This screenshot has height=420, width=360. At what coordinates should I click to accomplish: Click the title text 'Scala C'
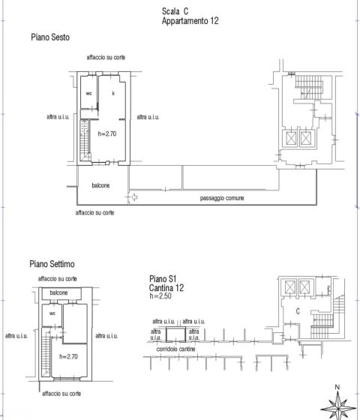[175, 11]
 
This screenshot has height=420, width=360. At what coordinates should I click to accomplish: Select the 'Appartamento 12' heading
[190, 21]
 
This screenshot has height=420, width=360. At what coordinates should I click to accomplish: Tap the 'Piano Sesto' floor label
[50, 37]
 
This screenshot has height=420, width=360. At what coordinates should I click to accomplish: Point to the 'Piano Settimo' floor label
[52, 264]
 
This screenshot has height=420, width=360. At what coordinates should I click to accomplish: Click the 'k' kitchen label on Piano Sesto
[113, 93]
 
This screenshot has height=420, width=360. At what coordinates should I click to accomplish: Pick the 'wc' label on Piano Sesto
[88, 94]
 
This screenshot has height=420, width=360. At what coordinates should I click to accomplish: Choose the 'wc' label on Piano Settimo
[52, 313]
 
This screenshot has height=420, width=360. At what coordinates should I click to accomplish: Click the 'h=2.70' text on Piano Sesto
[107, 133]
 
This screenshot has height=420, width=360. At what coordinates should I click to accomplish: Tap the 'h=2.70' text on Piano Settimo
[68, 356]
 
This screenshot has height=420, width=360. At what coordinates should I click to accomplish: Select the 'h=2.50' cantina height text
[160, 296]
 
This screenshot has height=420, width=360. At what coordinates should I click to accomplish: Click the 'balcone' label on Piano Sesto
[100, 185]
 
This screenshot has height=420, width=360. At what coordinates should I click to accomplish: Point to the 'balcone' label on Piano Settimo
[58, 292]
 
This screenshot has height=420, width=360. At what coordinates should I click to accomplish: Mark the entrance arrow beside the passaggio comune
[135, 197]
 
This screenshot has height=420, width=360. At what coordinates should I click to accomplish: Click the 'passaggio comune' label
[222, 198]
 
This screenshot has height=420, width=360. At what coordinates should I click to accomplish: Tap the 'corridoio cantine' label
[175, 349]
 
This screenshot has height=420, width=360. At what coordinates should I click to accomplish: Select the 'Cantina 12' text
[166, 288]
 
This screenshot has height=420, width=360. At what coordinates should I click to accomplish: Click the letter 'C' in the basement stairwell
[298, 311]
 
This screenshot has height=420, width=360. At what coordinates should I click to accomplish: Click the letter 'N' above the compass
[337, 387]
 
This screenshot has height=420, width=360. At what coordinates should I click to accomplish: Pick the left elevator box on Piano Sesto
[291, 139]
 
